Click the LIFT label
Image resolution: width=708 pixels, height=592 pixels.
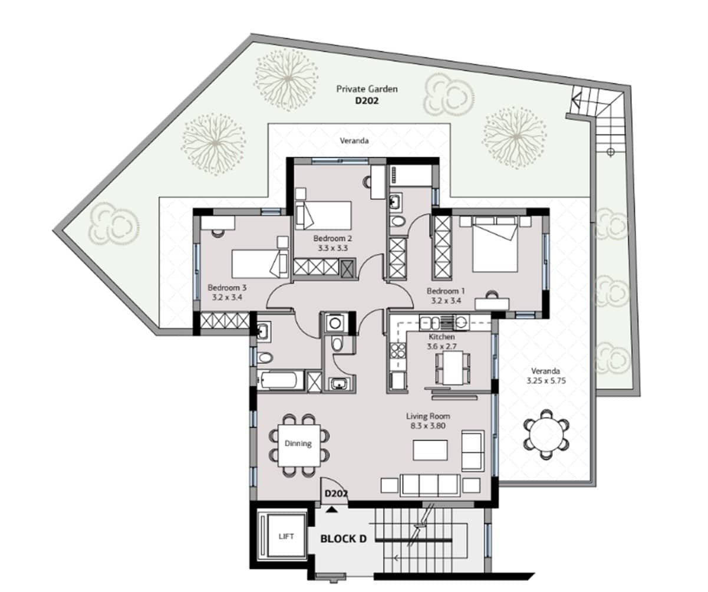coord(286,537)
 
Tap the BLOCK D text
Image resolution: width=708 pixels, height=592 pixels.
coord(344,539)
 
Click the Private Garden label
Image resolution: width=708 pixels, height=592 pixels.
coord(367,89)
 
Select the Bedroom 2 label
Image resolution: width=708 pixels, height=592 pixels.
coord(332,238)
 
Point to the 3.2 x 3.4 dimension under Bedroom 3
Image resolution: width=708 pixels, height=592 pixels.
coord(227,298)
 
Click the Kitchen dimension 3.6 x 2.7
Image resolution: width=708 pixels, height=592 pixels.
coord(442,346)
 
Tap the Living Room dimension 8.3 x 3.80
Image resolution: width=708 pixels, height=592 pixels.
coord(428,426)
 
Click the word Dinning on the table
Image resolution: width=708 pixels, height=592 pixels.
coord(298,443)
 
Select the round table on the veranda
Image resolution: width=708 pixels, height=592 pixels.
coord(546,434)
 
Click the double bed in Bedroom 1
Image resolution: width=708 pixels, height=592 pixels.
coord(495,244)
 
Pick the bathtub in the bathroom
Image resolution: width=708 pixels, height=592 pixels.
coord(281,381)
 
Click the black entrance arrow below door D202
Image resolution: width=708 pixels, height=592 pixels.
coord(332,509)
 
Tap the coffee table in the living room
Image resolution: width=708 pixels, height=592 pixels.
coord(430,450)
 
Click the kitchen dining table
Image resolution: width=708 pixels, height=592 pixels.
coord(453,368)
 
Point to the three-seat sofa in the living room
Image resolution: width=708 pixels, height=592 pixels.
coord(430,485)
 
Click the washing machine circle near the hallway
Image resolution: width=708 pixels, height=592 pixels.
coord(335,323)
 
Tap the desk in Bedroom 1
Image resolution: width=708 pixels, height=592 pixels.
coord(492,304)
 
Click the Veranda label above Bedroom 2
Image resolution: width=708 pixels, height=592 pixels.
coord(354,140)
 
